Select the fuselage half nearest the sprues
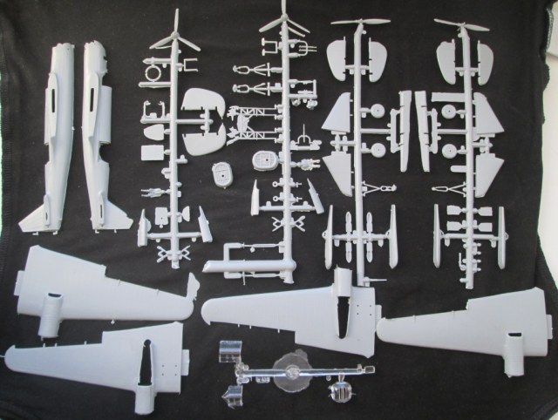100,131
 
